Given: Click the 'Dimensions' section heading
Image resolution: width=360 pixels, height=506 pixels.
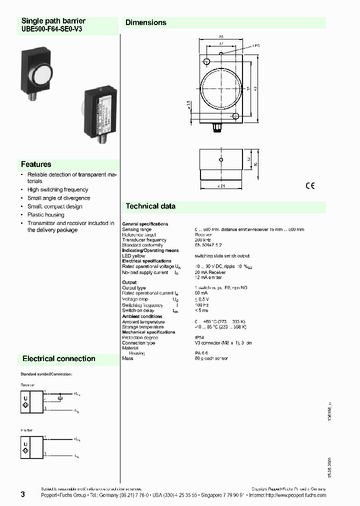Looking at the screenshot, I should point(145,22).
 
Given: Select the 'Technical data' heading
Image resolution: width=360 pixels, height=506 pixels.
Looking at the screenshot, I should point(150,206).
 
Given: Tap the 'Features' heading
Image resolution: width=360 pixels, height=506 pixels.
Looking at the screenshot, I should point(36,164).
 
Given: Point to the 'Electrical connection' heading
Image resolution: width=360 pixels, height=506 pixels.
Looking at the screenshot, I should point(58,358).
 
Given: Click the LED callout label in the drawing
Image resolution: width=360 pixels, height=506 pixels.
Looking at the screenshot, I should point(256,45).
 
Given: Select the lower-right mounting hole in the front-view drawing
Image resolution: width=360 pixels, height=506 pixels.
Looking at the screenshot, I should point(235,116).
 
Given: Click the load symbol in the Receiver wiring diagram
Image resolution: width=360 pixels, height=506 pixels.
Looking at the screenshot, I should point(60,398).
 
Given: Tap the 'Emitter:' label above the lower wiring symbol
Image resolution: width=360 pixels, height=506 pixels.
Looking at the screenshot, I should point(27,429).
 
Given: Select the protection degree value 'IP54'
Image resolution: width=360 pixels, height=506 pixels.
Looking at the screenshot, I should point(199,337).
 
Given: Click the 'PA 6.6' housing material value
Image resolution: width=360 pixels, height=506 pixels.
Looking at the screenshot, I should point(201,353).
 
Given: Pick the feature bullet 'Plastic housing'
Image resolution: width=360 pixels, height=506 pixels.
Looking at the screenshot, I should point(45,214).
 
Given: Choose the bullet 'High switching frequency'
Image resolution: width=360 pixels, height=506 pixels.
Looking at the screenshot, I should point(57,189).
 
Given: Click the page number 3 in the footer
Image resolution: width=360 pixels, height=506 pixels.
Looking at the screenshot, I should point(22,494).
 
